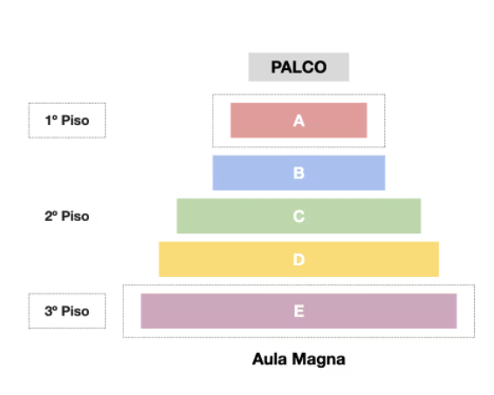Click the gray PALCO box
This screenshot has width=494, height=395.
[298, 67]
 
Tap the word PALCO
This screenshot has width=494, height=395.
[298, 67]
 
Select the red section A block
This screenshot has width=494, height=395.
[298, 121]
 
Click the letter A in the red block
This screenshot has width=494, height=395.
[298, 121]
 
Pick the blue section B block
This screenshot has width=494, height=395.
[298, 173]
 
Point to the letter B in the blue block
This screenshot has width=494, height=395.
[298, 173]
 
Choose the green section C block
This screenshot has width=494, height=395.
[298, 216]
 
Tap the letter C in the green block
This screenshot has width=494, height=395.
[298, 217]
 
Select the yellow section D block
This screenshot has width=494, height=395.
[298, 260]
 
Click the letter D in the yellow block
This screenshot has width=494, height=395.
[298, 260]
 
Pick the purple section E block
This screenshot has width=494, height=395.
[298, 311]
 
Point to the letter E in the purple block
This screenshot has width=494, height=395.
[299, 311]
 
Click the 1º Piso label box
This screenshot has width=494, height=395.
[67, 121]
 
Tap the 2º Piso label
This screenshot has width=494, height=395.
[67, 216]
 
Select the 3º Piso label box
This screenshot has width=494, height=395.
[67, 311]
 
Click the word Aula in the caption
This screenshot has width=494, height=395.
[270, 359]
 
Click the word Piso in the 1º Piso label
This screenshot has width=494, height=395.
[75, 121]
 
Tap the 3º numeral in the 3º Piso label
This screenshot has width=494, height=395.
[51, 311]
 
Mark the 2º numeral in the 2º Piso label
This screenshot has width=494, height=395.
[51, 216]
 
